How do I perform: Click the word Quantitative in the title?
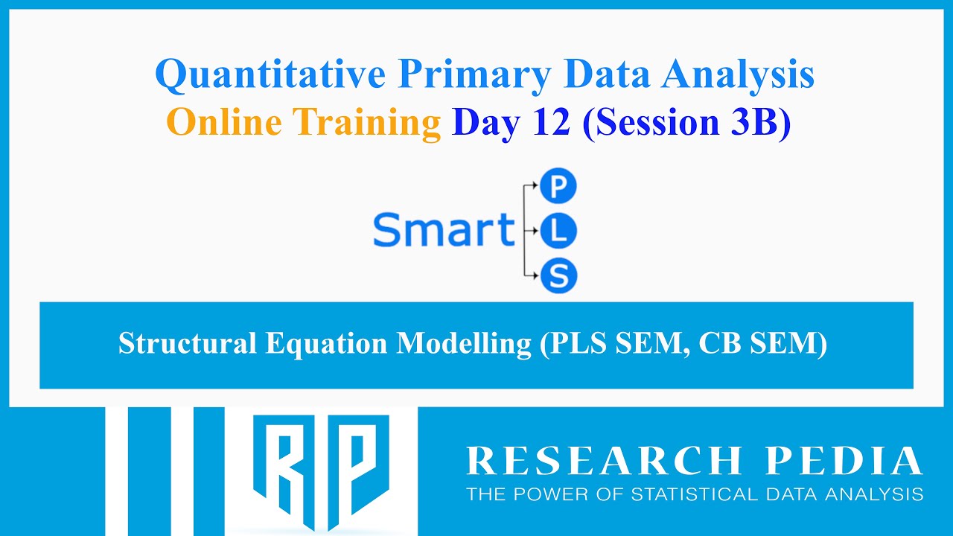tap(270, 75)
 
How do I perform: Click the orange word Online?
tap(224, 122)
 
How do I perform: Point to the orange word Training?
tap(366, 122)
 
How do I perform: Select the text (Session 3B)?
tap(686, 122)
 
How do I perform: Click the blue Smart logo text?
tap(444, 230)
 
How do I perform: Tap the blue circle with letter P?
tap(558, 188)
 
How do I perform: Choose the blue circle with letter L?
tap(558, 232)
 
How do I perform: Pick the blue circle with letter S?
tap(558, 275)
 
